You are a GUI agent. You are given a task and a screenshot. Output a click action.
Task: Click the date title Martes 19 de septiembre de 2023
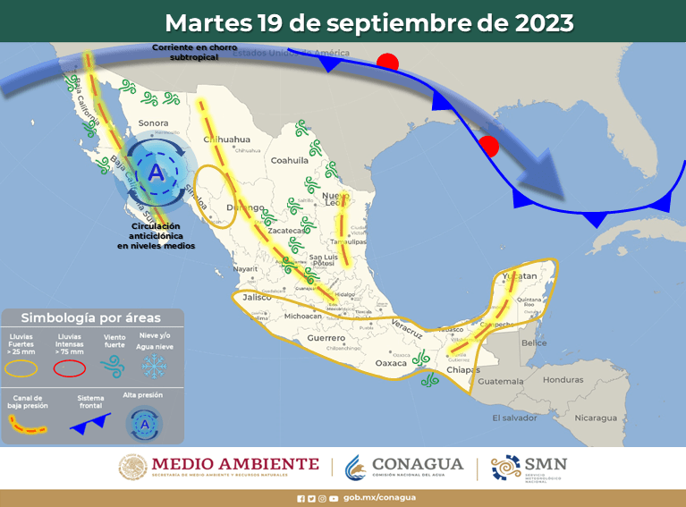point(369,21)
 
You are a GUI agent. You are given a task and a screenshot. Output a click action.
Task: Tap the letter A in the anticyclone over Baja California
point(157,172)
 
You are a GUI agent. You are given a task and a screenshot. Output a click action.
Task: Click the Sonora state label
point(154,123)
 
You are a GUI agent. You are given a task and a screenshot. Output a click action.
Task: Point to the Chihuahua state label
point(227,139)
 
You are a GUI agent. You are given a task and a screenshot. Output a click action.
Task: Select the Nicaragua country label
point(596,418)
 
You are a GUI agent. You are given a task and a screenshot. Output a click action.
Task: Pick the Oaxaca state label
point(390,363)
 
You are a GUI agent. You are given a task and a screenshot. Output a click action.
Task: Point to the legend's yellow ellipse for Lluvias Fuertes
point(23,366)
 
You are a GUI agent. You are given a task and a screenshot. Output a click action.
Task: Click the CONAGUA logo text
point(417,464)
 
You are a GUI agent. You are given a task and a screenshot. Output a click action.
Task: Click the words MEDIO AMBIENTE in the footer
point(235,463)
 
